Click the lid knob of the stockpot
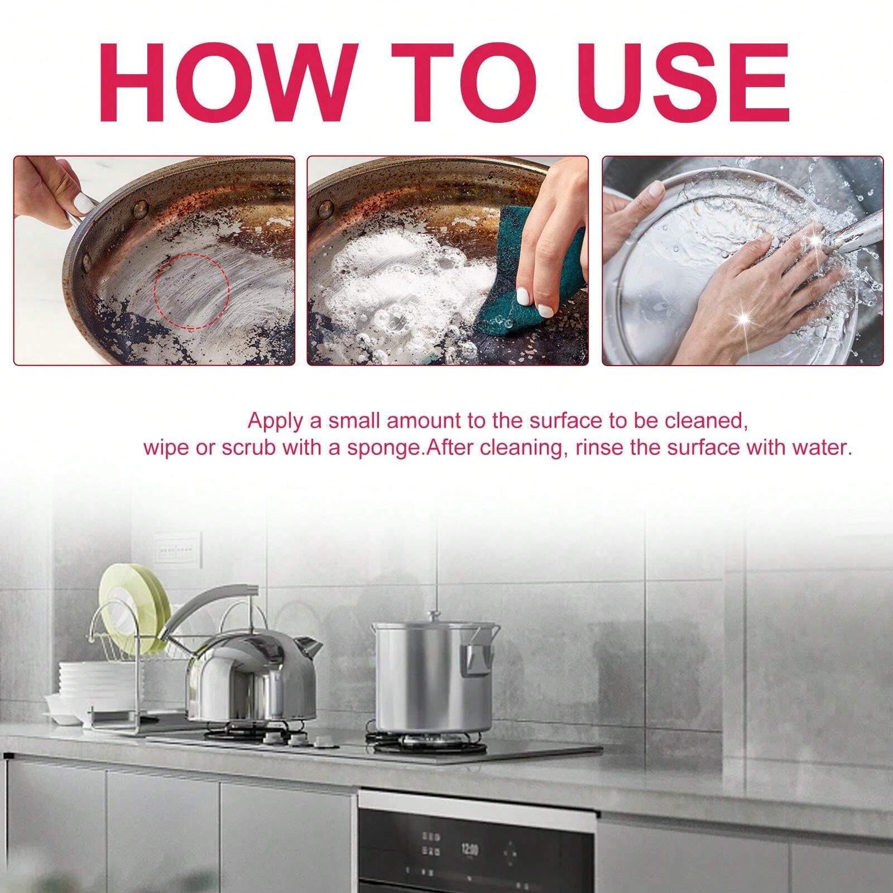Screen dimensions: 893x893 point(432,615)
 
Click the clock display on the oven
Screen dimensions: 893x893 point(469,849)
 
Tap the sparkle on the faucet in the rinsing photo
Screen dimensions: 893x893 point(815,239)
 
